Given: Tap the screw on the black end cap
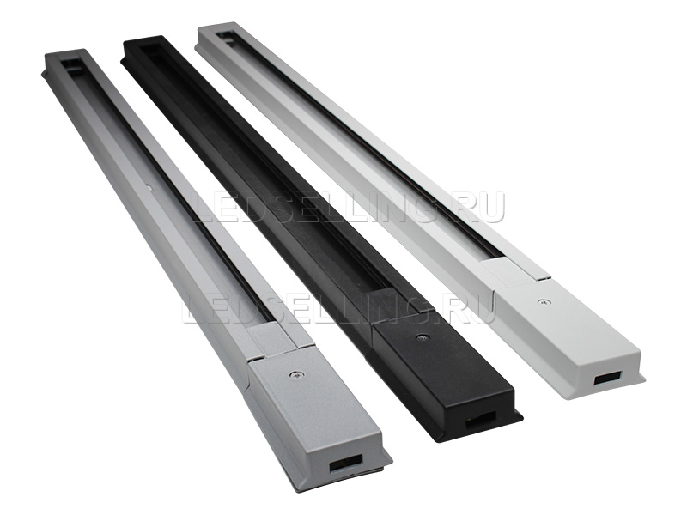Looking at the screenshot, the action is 421,336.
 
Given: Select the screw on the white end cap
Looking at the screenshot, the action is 544,301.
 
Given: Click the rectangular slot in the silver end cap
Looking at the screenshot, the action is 346,462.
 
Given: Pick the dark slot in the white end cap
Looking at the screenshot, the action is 608,378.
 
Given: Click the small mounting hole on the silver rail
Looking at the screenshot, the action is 149,187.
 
